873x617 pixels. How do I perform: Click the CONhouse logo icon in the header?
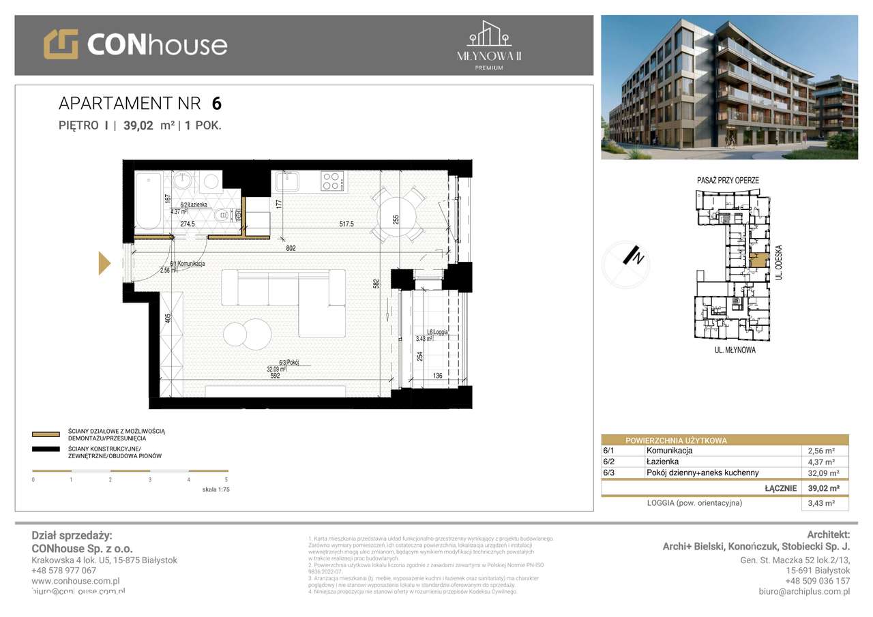(61, 44)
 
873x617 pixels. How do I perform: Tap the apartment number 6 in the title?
(216, 104)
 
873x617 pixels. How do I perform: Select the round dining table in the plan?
(396, 213)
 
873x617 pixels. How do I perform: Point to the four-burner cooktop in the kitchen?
(332, 181)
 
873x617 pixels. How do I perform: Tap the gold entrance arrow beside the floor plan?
(104, 263)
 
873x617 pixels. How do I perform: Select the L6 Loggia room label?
(436, 333)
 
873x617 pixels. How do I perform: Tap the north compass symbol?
(624, 265)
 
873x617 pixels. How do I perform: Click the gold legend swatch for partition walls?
(46, 434)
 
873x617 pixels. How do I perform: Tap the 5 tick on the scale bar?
(226, 480)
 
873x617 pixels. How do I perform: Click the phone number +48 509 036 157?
(817, 581)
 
